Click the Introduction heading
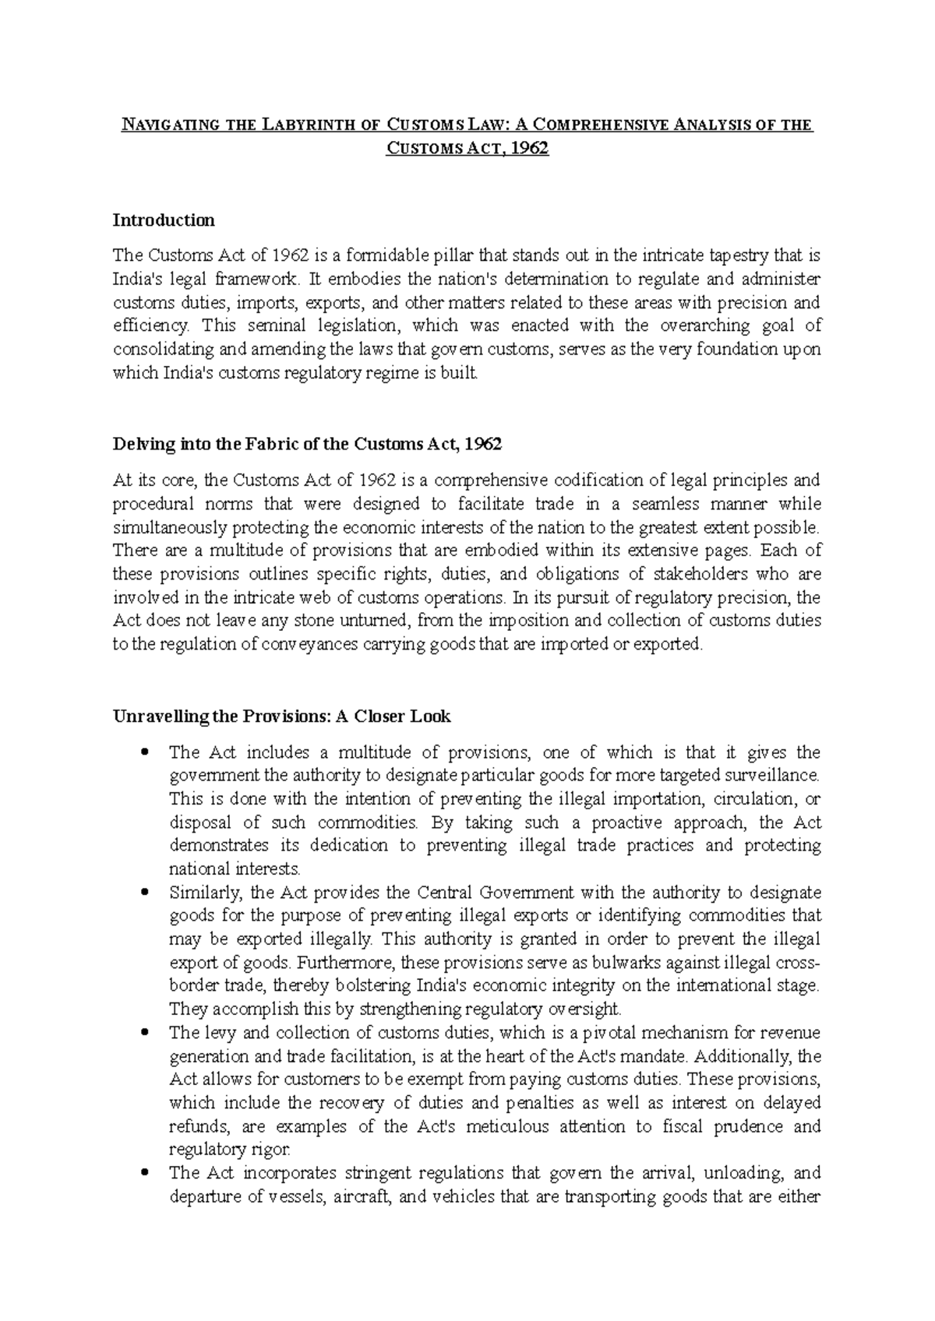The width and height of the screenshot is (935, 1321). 163,220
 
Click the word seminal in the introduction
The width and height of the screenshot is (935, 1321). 277,325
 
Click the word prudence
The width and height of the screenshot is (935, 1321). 749,1126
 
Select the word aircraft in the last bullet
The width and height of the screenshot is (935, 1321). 364,1196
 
